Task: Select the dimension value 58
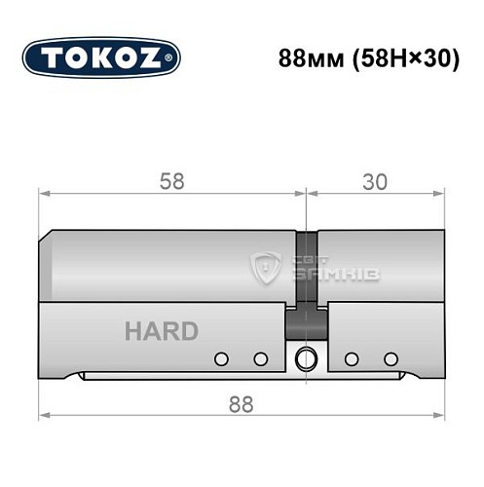click(172, 181)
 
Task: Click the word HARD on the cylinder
click(161, 331)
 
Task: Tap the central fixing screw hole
click(308, 357)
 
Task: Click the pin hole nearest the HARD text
click(222, 357)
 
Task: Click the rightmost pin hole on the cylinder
click(391, 357)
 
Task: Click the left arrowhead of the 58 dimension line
click(44, 194)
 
